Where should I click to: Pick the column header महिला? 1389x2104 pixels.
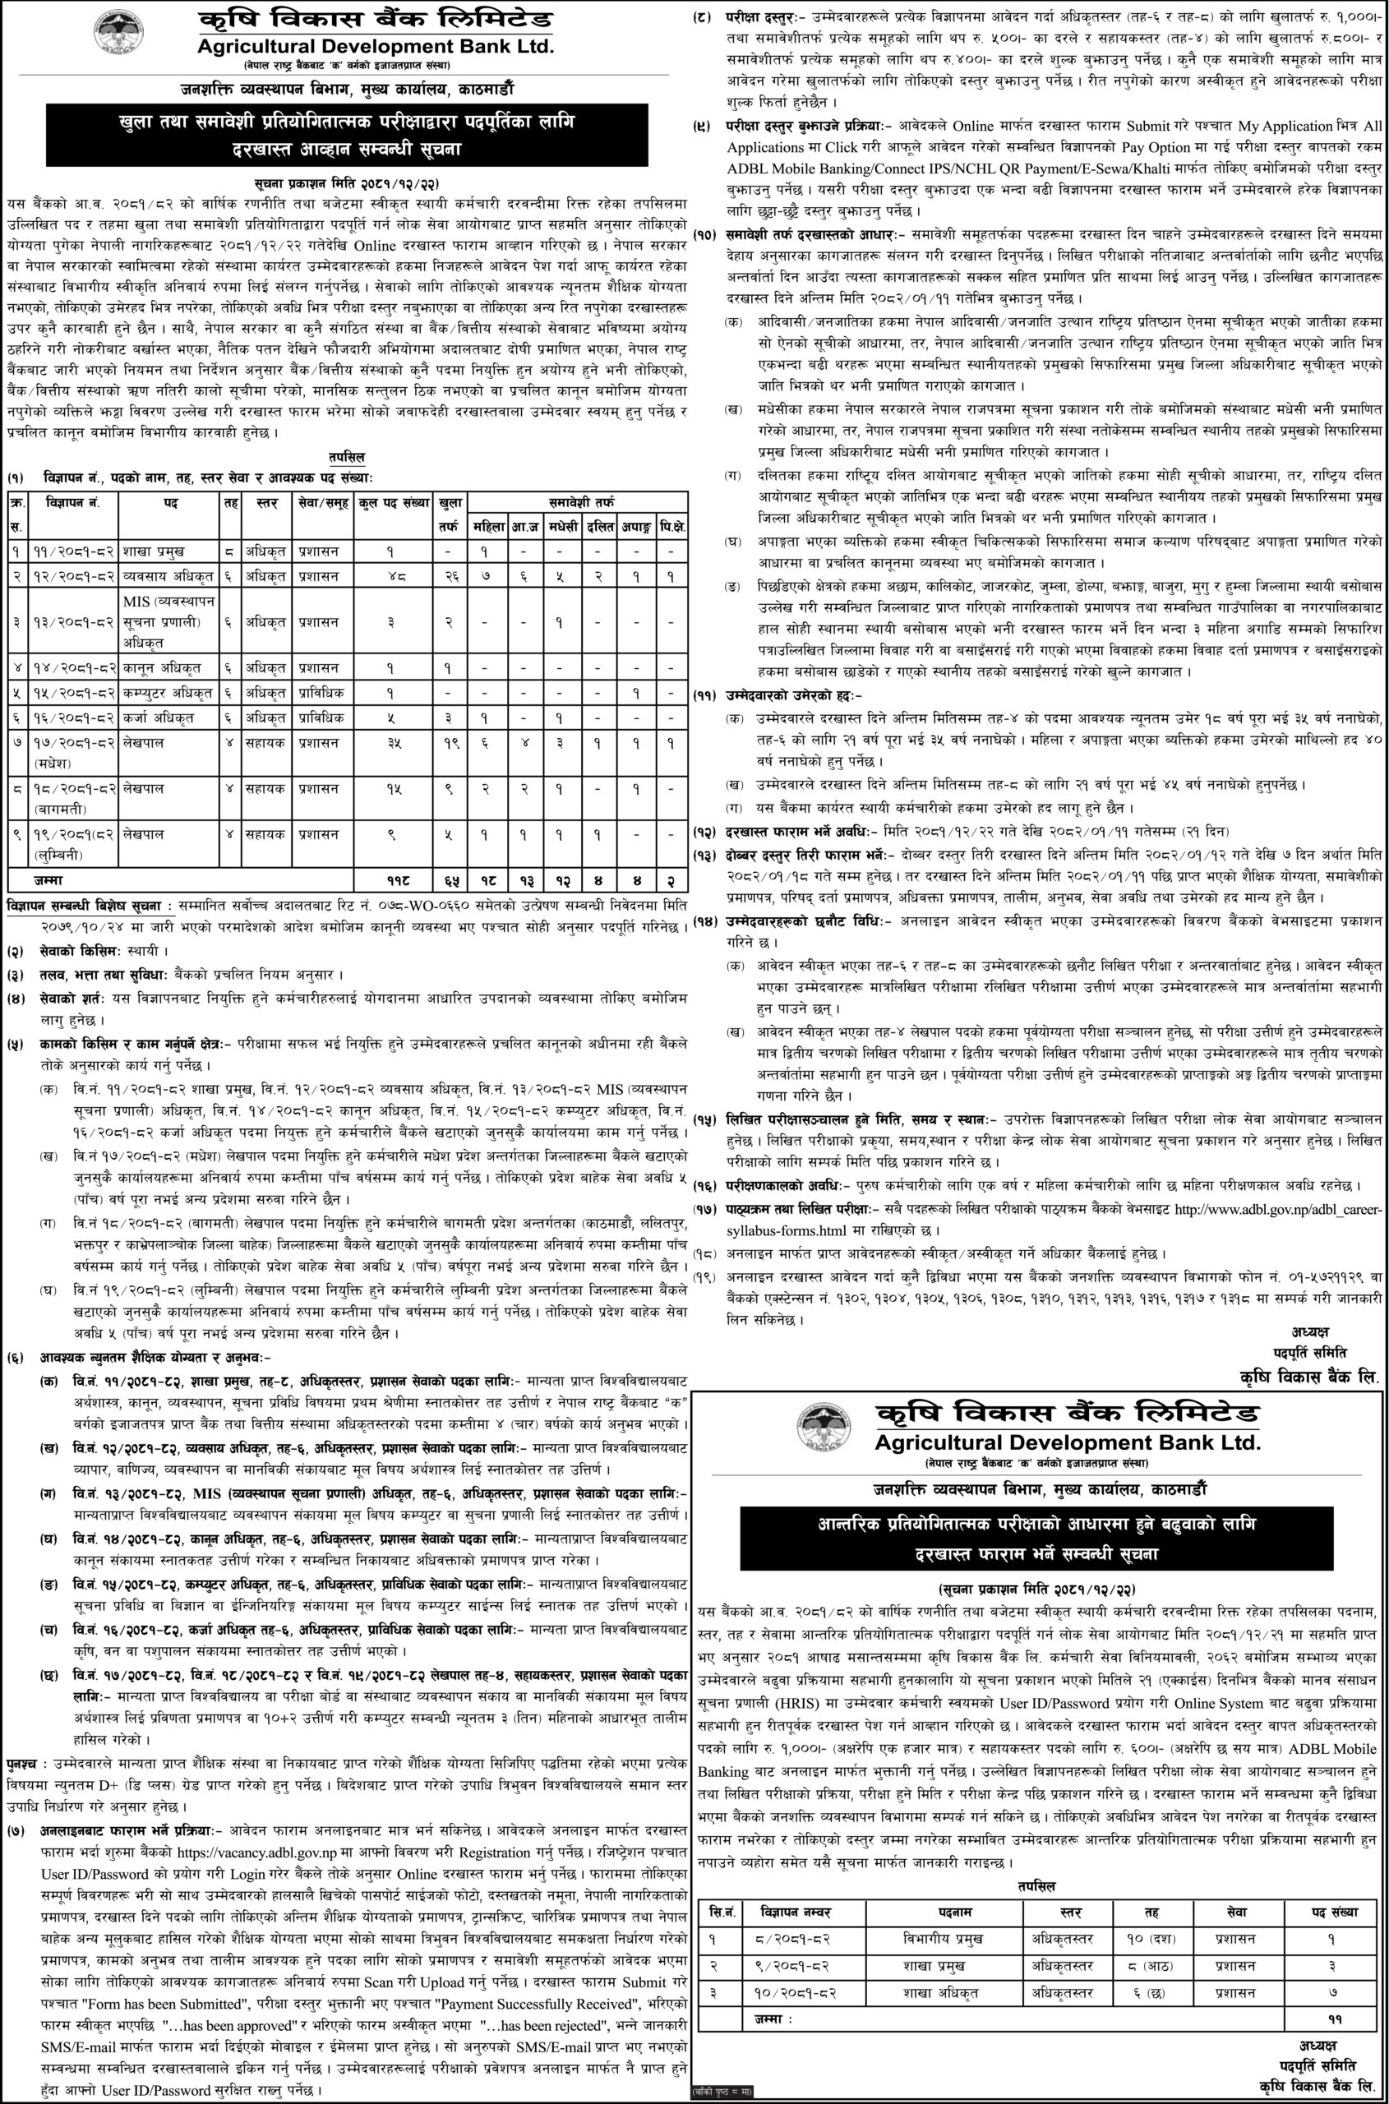click(x=488, y=527)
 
